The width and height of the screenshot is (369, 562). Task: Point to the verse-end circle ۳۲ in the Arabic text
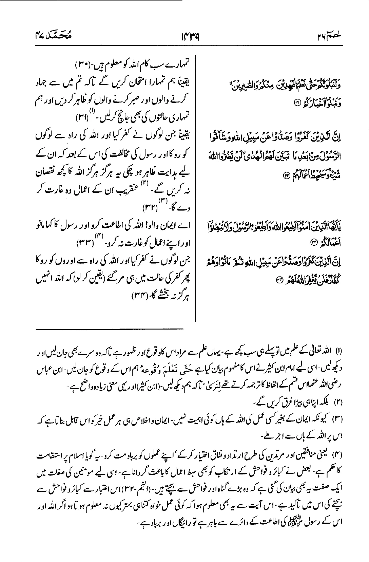pyautogui.click(x=286, y=175)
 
